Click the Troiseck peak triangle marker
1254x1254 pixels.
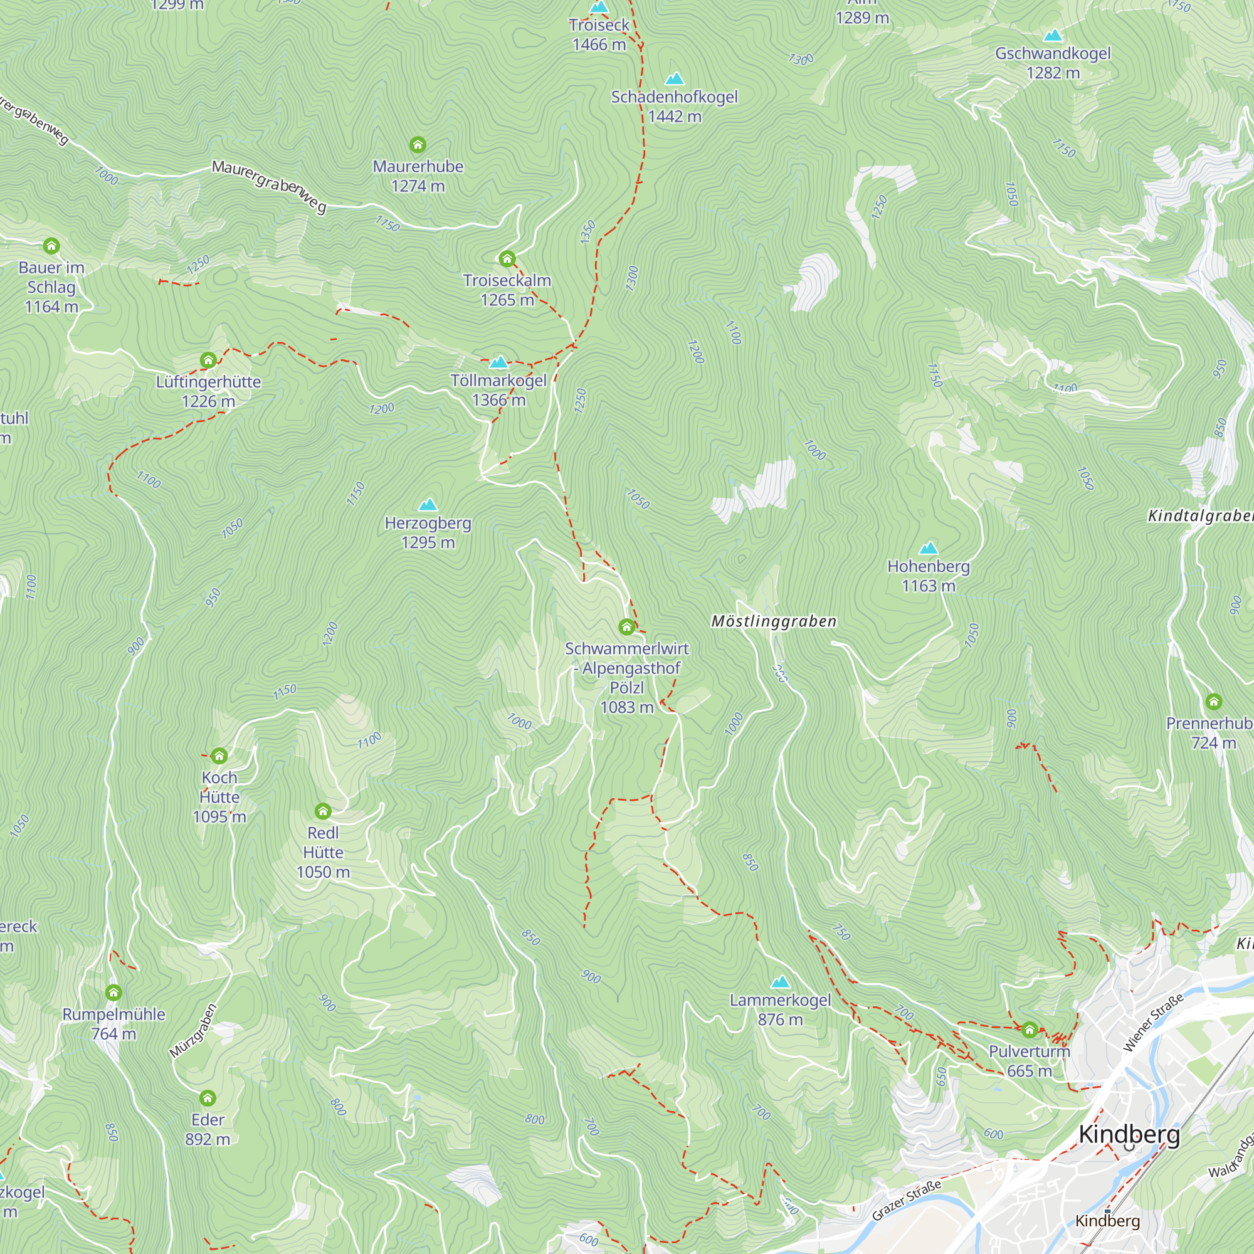(x=598, y=7)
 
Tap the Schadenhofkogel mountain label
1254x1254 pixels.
(x=675, y=97)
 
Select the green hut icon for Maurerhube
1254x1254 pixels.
(x=418, y=144)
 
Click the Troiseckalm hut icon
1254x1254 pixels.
(x=507, y=258)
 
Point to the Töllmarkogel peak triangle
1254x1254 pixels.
(x=498, y=362)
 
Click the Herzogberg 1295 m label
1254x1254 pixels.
(x=428, y=532)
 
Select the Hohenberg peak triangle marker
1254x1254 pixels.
(x=928, y=548)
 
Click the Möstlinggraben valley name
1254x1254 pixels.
(x=774, y=621)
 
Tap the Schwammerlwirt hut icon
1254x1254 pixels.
(x=626, y=626)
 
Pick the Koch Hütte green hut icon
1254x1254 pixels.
(x=219, y=755)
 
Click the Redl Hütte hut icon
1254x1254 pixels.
(x=322, y=811)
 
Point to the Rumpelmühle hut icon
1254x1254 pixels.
(x=113, y=992)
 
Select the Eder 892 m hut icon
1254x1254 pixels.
(x=207, y=1098)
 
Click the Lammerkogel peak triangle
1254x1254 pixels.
(x=780, y=982)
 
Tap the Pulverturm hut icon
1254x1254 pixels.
(x=1029, y=1030)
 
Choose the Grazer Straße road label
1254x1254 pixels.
(x=906, y=1201)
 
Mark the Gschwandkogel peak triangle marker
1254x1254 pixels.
(x=1052, y=35)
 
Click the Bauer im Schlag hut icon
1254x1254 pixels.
(x=51, y=245)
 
